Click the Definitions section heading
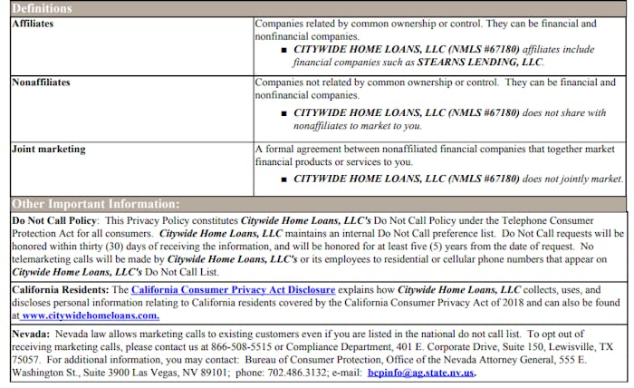coord(42,8)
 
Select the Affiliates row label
coord(32,23)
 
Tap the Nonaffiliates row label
coord(41,82)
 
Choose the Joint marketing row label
coord(48,149)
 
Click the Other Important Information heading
coord(95,204)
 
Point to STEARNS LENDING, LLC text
coord(479,63)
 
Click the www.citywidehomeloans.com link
coord(90,315)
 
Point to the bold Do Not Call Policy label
coord(56,220)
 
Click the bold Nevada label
coord(31,334)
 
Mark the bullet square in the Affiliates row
coord(283,49)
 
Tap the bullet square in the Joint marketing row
coord(283,179)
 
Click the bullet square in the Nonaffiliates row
coord(283,113)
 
